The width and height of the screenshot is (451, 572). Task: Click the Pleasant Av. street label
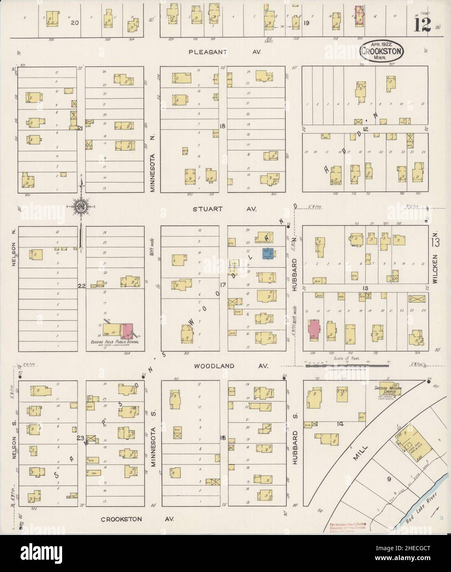(222, 52)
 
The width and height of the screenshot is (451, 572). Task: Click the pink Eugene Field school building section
(127, 332)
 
